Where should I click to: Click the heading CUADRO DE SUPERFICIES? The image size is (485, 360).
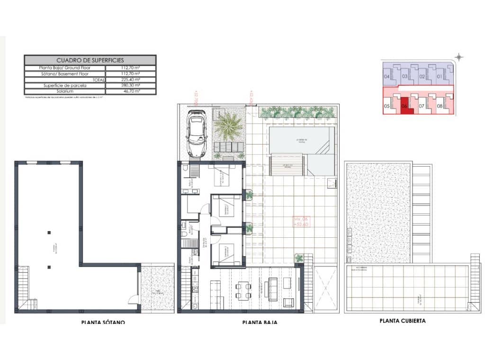[x=90, y=60]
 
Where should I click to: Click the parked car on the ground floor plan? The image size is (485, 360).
[x=197, y=134]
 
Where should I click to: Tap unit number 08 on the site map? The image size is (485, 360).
[x=439, y=106]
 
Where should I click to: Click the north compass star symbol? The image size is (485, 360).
[x=458, y=57]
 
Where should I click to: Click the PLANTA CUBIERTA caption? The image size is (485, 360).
[x=403, y=321]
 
